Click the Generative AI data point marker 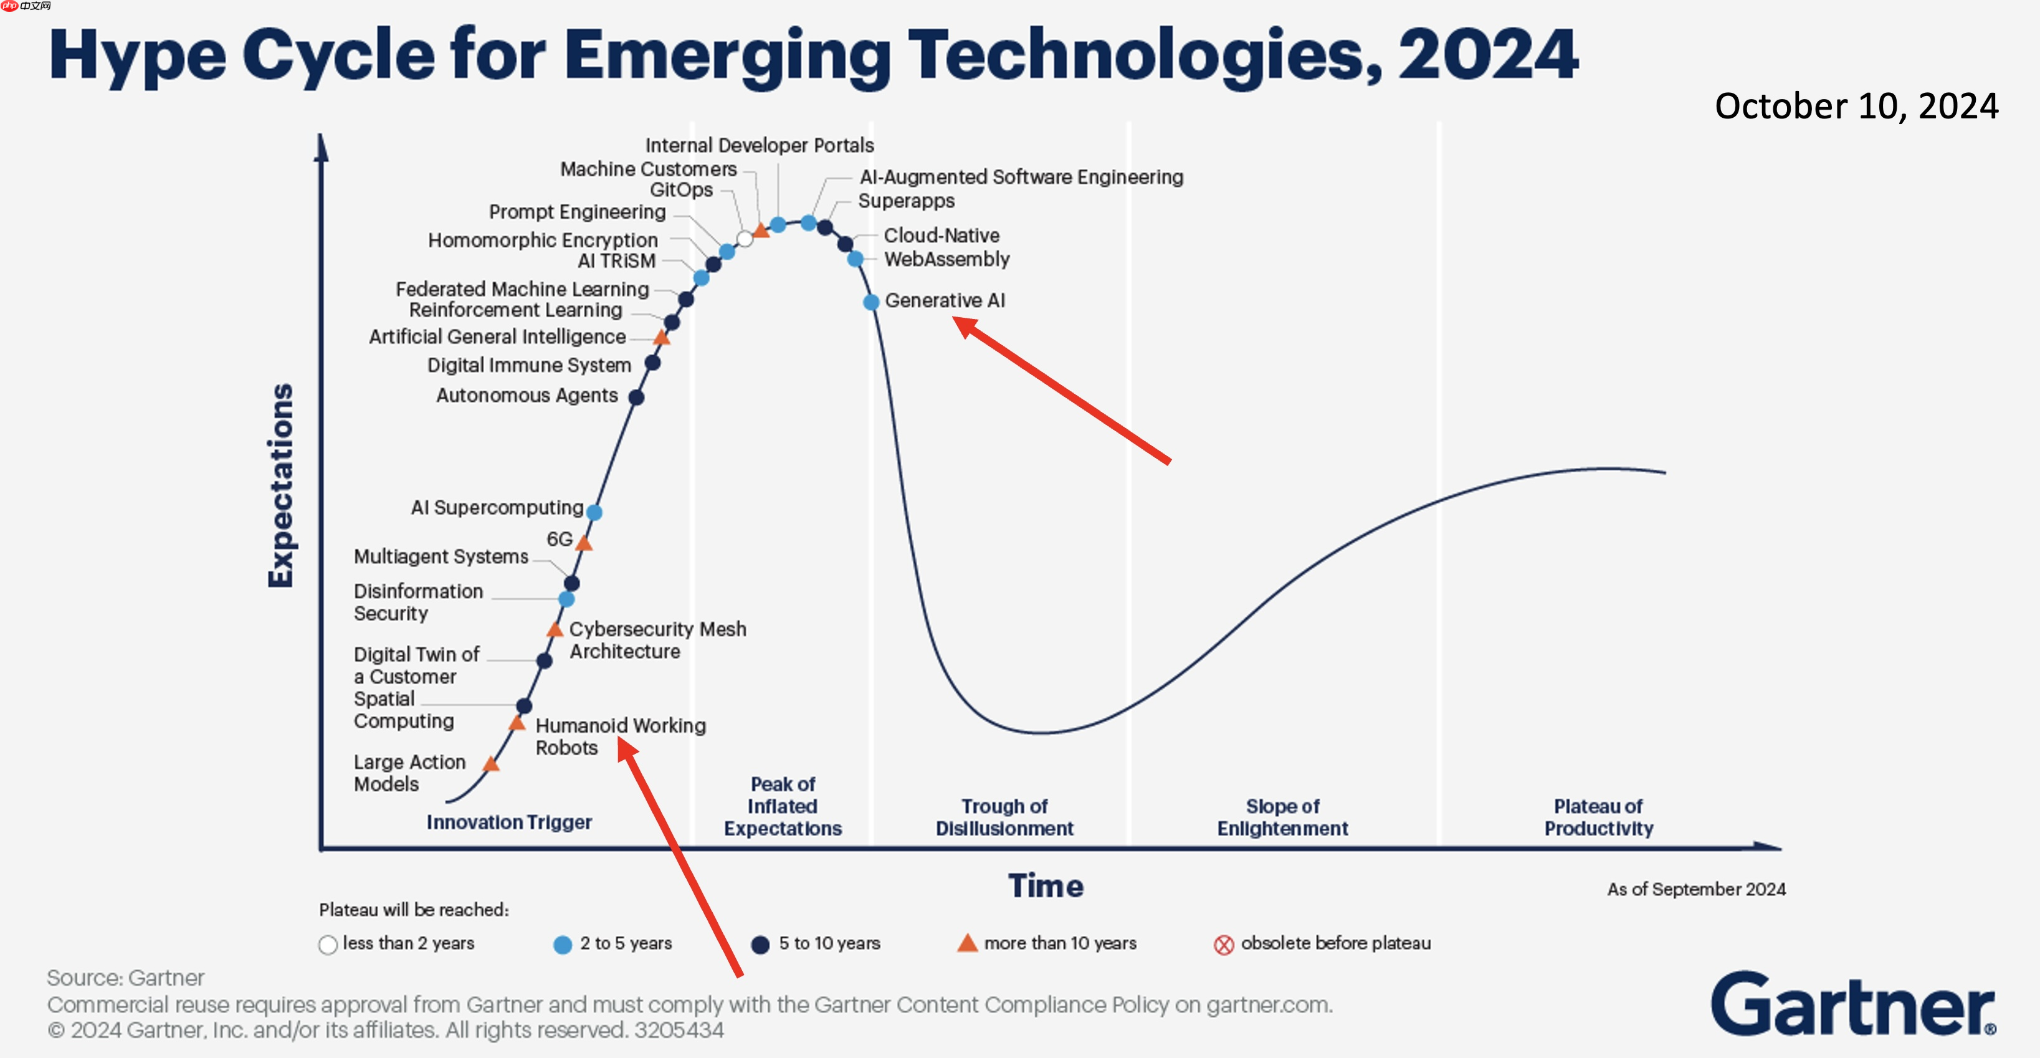click(x=871, y=302)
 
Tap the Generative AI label click(x=945, y=301)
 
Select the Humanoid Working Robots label click(x=620, y=736)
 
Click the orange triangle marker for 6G click(x=584, y=543)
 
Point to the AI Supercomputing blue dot click(x=594, y=512)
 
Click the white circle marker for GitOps click(x=745, y=239)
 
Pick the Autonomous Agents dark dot click(x=636, y=397)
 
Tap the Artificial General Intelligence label click(x=497, y=336)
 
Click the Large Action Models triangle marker click(x=491, y=764)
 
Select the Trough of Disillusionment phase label click(x=1004, y=817)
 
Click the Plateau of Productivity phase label click(x=1598, y=817)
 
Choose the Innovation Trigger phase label click(x=509, y=822)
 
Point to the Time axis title click(x=1046, y=885)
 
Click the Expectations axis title click(x=281, y=485)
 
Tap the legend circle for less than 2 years click(x=328, y=945)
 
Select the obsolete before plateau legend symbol click(x=1224, y=945)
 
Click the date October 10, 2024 click(x=1856, y=106)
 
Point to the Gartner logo click(x=1853, y=1004)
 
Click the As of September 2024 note click(x=1696, y=889)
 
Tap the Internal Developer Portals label click(x=760, y=146)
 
